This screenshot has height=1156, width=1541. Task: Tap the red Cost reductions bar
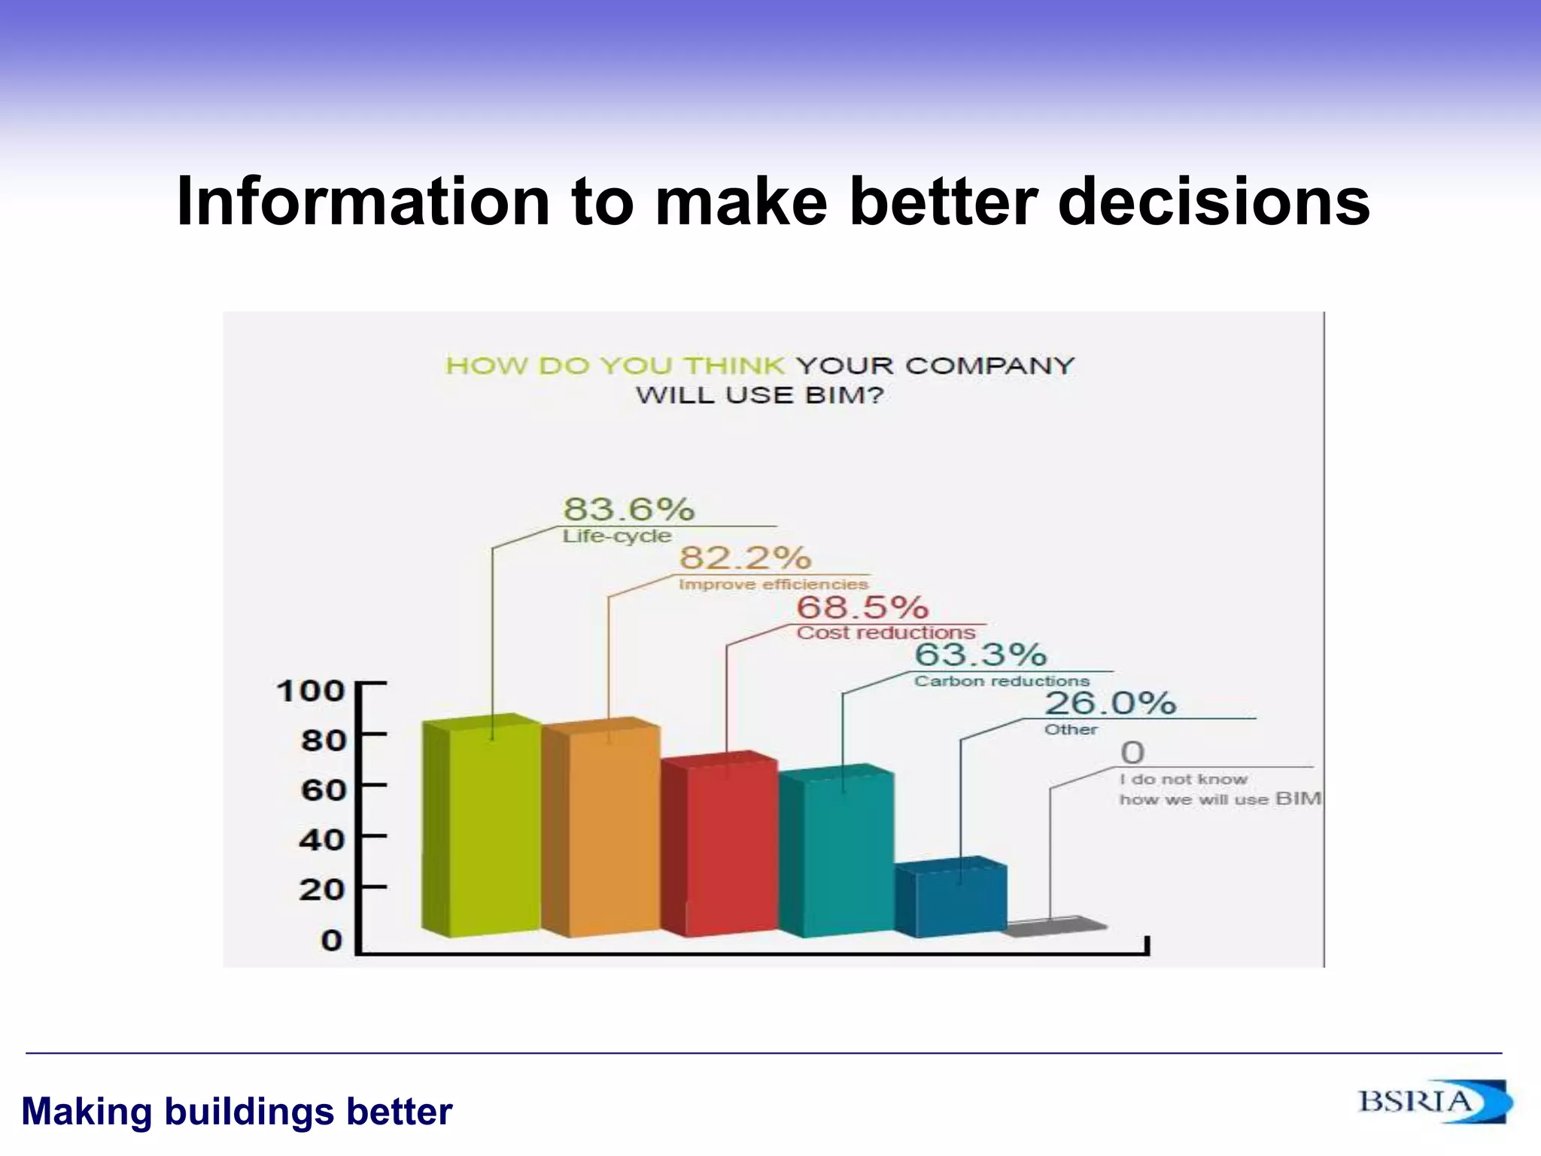coord(720,846)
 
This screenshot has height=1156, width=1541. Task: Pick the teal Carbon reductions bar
coord(837,853)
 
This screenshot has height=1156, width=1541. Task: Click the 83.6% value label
coord(629,510)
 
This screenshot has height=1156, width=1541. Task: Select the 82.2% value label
coord(745,558)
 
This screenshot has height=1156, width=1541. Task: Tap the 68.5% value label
coord(862,607)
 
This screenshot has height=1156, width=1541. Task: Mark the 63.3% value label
coord(980,655)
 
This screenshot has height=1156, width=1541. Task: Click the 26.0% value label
coord(1110,704)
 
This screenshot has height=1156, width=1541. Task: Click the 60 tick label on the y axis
coord(323,790)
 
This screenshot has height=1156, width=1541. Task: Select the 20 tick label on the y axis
coord(322,890)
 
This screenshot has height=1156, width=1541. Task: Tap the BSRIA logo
coord(1433,1103)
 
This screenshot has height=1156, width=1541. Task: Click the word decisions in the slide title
coord(1214,202)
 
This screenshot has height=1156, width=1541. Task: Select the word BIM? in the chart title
coord(844,395)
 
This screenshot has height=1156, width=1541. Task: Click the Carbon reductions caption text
coord(1001,681)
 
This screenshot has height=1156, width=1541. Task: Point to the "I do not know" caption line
coord(1183,780)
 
